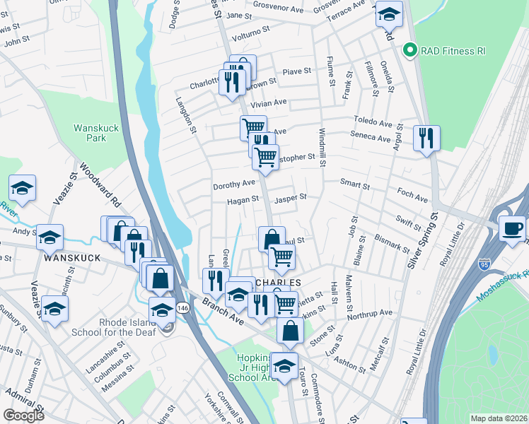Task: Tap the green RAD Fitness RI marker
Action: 408,50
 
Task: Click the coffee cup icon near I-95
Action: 511,229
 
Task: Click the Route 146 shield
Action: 182,307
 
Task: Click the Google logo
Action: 23,415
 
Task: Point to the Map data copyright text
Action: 499,418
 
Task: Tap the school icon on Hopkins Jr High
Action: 284,365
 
